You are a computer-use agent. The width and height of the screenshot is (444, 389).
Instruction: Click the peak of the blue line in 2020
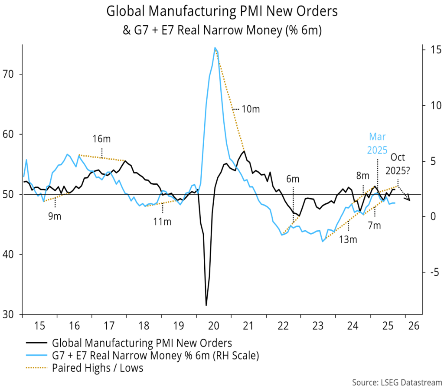[215, 48]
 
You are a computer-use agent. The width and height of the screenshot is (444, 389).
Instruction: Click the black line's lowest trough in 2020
[206, 305]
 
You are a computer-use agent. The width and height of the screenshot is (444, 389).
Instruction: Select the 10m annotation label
[250, 109]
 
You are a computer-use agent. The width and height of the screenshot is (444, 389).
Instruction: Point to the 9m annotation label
[55, 216]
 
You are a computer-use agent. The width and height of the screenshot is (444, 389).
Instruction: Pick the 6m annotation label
[293, 179]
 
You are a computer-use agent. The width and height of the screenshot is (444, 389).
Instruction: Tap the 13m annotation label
[348, 239]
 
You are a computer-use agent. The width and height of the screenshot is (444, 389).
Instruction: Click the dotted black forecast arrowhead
[408, 199]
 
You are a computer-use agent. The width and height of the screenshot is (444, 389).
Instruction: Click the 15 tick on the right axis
[428, 50]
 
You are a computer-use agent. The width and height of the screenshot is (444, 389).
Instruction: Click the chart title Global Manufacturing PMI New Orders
[222, 12]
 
